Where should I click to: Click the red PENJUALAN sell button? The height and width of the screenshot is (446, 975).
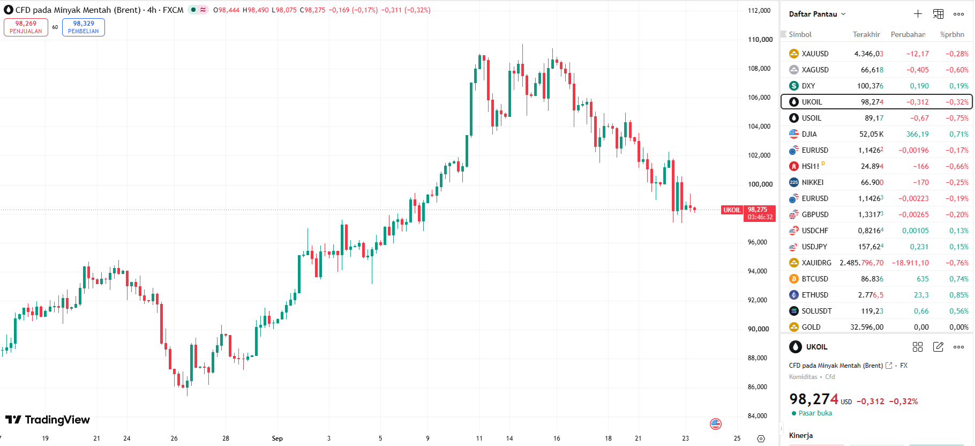tap(26, 27)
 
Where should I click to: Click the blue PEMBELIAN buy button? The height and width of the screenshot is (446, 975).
tap(84, 27)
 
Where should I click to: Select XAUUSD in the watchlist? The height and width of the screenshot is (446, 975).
tap(815, 54)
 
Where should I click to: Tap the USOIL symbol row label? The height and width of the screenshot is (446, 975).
tap(811, 118)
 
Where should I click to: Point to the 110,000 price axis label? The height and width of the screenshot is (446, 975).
tap(760, 40)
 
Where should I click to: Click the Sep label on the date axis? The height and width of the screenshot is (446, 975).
tap(277, 438)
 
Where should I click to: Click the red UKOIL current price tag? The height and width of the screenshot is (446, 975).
tap(732, 210)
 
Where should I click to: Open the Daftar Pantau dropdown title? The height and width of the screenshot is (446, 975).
tap(817, 14)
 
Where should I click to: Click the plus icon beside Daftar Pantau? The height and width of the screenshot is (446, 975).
tap(918, 14)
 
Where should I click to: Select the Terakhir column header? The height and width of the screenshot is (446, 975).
tap(866, 34)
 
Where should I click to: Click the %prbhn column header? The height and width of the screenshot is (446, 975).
tap(952, 34)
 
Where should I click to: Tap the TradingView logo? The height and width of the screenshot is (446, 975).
tap(48, 420)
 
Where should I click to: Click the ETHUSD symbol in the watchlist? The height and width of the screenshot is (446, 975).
tap(815, 295)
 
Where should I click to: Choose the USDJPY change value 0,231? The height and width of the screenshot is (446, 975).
tap(919, 247)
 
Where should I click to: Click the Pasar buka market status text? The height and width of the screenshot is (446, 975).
tap(815, 413)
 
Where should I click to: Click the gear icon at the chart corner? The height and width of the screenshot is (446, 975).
tap(761, 438)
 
